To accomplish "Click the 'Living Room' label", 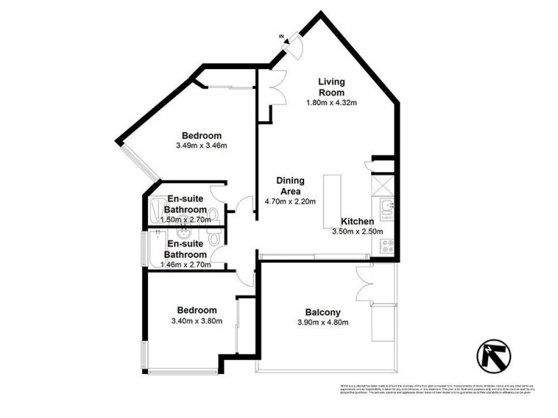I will click(331, 87).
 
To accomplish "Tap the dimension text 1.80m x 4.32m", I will click(331, 103).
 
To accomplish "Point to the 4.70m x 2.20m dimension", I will click(290, 202).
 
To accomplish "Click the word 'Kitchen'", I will click(358, 222).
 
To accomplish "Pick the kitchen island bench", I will click(331, 201).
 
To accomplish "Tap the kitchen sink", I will click(387, 207).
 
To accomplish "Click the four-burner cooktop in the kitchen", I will click(387, 245).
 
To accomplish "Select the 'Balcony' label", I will click(322, 312).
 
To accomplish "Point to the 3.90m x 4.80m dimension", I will click(322, 323).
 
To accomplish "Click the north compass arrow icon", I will click(494, 355).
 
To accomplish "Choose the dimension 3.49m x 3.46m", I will click(202, 146).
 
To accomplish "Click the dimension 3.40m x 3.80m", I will click(196, 321).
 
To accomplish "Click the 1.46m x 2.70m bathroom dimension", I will click(186, 265).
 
